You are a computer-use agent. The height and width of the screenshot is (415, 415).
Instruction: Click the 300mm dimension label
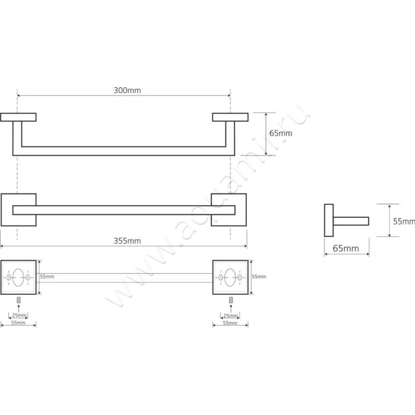click(x=127, y=90)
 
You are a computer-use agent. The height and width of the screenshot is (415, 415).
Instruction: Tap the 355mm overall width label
click(x=127, y=241)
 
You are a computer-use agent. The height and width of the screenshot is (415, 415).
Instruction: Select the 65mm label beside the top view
click(x=281, y=133)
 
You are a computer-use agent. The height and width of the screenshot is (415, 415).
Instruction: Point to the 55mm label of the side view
click(x=404, y=222)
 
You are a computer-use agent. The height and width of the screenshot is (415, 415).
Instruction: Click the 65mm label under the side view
click(x=345, y=248)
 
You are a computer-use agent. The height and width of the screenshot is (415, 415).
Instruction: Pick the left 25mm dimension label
click(x=19, y=315)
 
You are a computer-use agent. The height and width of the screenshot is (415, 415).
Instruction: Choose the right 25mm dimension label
click(x=230, y=316)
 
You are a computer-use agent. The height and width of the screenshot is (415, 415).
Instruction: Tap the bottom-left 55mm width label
click(x=18, y=323)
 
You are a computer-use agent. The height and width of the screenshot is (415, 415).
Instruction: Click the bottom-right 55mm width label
click(x=230, y=323)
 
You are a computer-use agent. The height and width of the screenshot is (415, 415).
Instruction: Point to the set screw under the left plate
click(x=19, y=300)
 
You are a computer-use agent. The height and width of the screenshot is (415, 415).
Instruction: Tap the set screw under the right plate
click(x=231, y=300)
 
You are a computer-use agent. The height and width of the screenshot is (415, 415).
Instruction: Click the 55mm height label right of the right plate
click(x=259, y=276)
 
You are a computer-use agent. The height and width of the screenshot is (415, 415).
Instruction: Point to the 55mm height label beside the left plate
click(x=47, y=276)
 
